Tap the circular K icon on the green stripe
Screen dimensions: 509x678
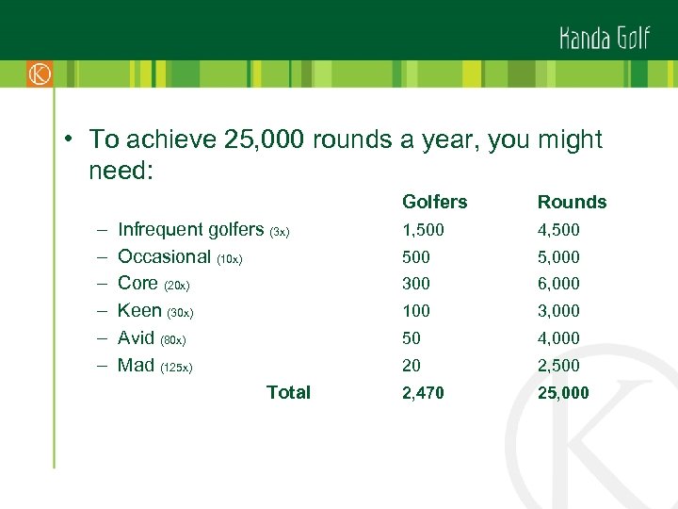tap(40, 74)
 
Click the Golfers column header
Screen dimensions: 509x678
tap(434, 202)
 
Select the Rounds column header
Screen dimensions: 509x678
tap(572, 202)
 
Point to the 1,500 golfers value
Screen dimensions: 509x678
tap(423, 230)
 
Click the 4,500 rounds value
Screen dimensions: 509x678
tap(558, 230)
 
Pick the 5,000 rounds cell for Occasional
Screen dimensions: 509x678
tap(558, 257)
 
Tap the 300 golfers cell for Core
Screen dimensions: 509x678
tap(416, 284)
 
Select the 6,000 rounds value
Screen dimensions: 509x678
tap(558, 284)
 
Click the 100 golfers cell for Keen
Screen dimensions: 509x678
tap(416, 311)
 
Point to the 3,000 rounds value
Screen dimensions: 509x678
tap(558, 311)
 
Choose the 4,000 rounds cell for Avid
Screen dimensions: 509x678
tap(558, 338)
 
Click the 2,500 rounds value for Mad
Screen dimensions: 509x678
tap(558, 366)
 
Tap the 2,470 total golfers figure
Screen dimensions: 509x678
tap(423, 393)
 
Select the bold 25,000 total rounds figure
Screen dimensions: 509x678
tap(563, 393)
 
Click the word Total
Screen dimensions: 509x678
tap(288, 392)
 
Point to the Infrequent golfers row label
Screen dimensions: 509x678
tap(191, 229)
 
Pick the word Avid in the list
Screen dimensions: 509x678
tap(137, 337)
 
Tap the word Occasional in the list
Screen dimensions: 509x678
tap(164, 256)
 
